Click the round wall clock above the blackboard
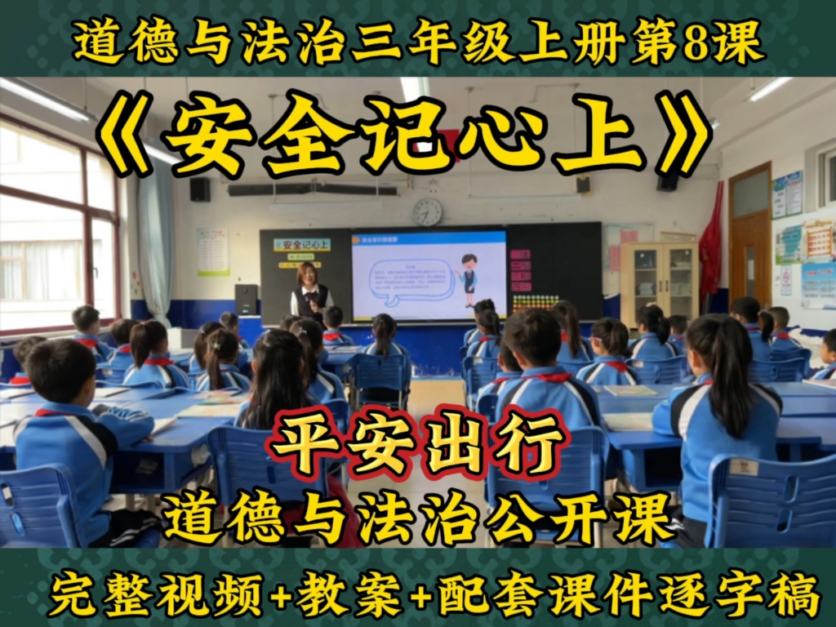coord(427,212)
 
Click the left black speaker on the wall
coord(200,189)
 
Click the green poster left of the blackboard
coord(212,251)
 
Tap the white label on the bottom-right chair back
coord(744,467)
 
